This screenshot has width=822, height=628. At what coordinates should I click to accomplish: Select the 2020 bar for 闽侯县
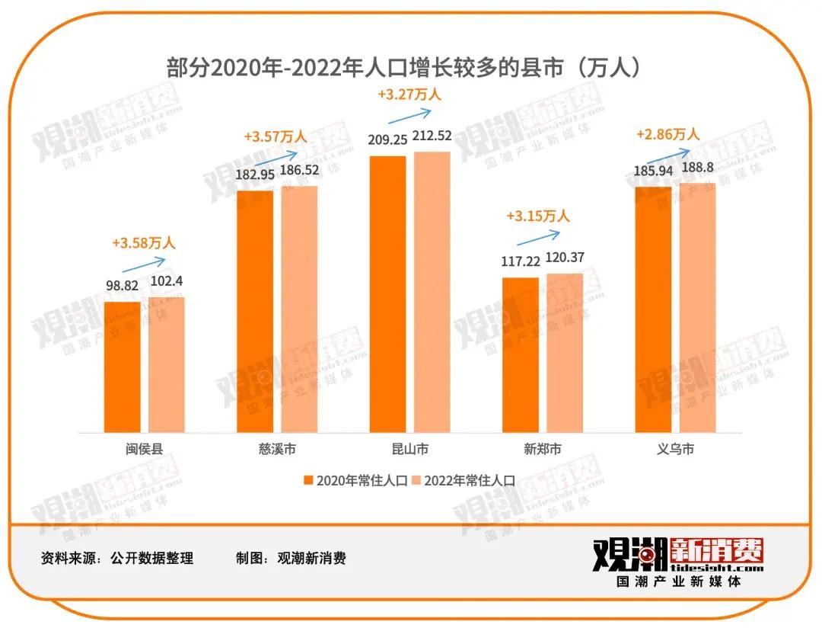[x=122, y=367]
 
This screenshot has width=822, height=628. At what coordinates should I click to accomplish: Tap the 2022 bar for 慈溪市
[x=299, y=309]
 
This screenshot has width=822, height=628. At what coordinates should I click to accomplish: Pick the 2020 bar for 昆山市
[x=387, y=293]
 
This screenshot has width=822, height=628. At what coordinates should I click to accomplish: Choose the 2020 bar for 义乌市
[x=653, y=309]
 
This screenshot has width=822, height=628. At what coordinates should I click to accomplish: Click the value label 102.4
[x=167, y=281]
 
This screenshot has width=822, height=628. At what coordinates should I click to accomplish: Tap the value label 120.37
[x=564, y=258]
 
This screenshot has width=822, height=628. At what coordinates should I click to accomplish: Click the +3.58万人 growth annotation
[x=143, y=243]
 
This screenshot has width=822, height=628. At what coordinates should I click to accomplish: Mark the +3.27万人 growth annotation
[x=409, y=95]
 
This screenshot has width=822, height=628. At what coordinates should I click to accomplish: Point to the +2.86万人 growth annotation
[x=667, y=134]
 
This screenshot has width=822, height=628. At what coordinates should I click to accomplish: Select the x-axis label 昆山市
[x=409, y=449]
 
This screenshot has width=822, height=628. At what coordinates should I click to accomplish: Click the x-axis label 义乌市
[x=675, y=449]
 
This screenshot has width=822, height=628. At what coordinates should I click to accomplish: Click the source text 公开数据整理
[x=152, y=559]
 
